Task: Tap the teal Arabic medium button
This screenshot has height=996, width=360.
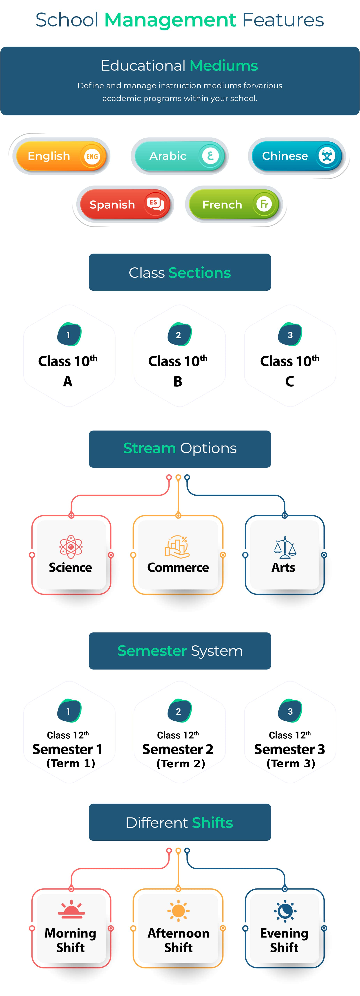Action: tap(179, 156)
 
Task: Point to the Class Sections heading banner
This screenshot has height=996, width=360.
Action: tap(180, 272)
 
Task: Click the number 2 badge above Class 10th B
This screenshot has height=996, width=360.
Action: tap(179, 335)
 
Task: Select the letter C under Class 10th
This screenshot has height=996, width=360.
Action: tap(290, 382)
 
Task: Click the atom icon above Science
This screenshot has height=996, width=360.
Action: tap(71, 546)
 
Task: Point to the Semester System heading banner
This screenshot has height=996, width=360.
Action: tap(180, 651)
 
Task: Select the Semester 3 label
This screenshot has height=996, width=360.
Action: tap(290, 749)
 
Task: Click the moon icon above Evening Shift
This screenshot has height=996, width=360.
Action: tap(285, 911)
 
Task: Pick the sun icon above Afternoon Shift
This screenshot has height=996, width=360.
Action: tap(178, 911)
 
